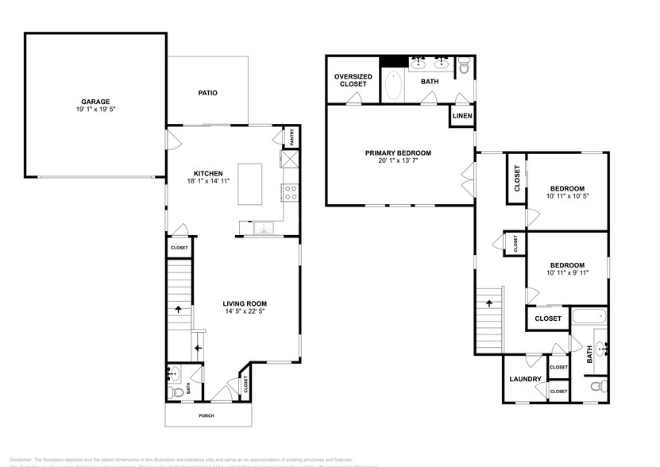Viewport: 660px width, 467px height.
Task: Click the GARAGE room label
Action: click(95, 102)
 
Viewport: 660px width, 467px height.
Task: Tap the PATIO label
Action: click(207, 93)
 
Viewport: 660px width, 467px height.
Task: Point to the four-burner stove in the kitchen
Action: click(289, 191)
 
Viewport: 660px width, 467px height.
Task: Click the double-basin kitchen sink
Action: click(263, 229)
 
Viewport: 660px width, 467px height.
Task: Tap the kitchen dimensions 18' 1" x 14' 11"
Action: click(208, 181)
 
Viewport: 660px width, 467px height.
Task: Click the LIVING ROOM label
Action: click(244, 303)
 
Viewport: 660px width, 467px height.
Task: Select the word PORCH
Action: click(206, 415)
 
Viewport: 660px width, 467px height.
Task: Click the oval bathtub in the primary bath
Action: click(393, 86)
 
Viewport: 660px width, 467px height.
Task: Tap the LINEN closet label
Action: click(462, 116)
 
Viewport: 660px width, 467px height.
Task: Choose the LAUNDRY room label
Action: click(525, 380)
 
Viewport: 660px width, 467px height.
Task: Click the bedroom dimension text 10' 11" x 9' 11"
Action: click(567, 273)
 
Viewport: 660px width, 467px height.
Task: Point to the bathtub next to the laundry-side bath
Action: click(589, 316)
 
